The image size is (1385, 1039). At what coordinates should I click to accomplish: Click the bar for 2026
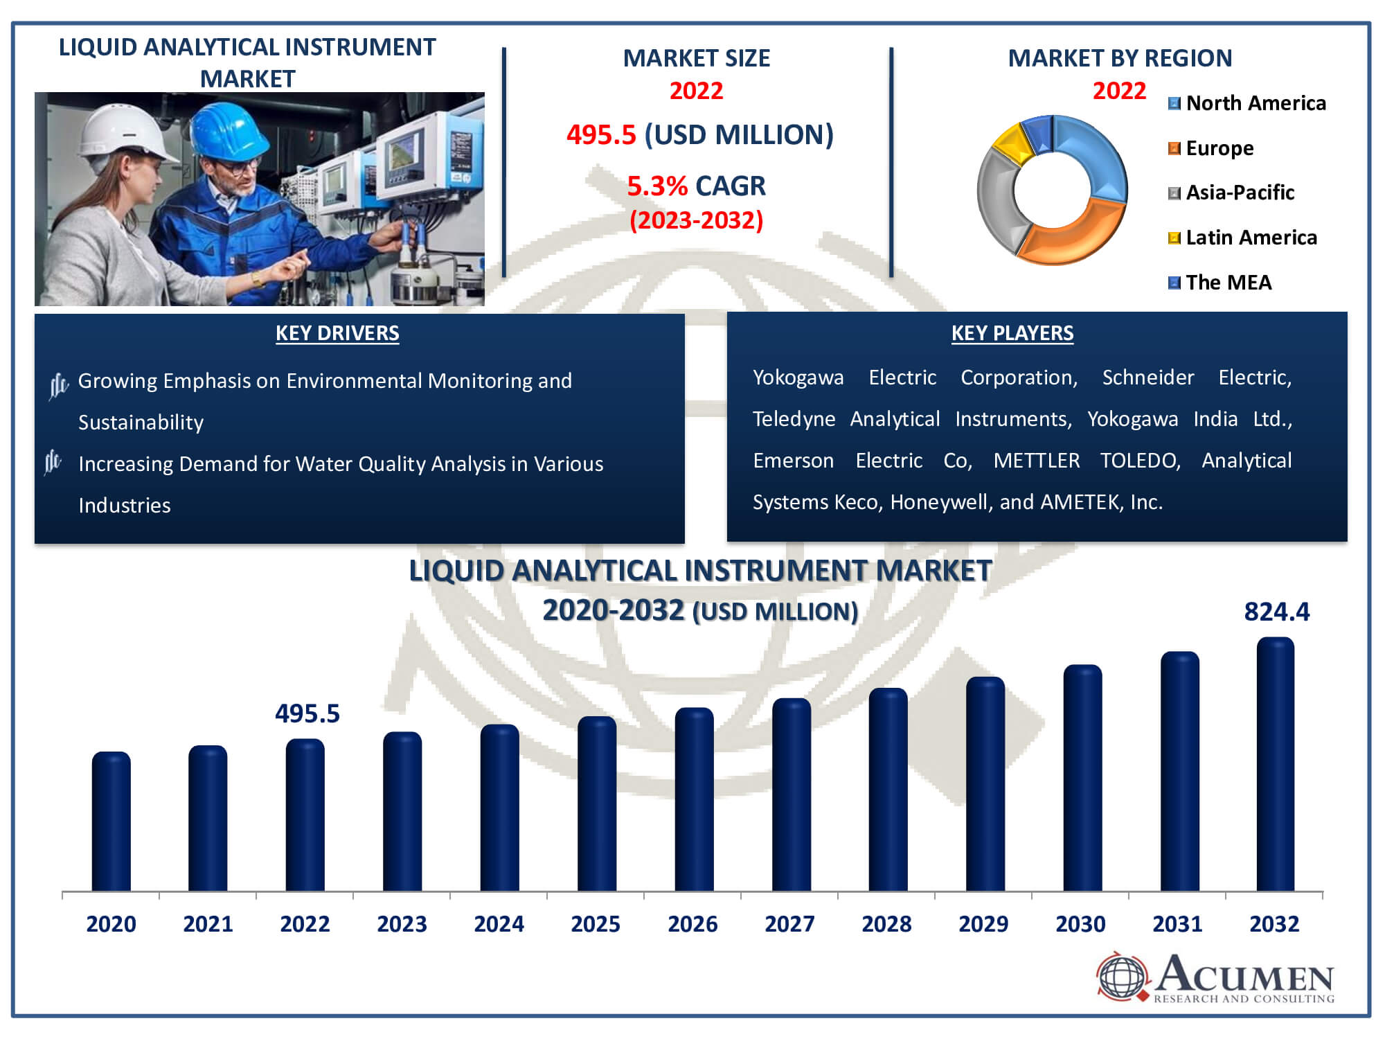point(694,799)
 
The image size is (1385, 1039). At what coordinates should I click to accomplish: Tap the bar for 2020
point(111,822)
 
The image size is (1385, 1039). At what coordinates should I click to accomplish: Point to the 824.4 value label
point(1276,612)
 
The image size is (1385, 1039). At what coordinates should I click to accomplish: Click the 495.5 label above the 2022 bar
point(307,713)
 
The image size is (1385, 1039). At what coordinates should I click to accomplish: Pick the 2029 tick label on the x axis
point(983,923)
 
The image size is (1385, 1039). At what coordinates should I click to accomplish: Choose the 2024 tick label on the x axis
point(499,923)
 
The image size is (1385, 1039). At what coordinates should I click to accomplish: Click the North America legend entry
point(1246,103)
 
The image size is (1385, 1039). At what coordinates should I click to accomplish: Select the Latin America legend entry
point(1242,238)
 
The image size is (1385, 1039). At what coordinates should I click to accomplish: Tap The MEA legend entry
point(1219,283)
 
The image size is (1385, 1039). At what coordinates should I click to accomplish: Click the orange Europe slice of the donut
point(1070,232)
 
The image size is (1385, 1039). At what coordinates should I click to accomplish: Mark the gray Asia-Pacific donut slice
point(997,201)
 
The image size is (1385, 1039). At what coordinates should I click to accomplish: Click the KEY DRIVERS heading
point(337,333)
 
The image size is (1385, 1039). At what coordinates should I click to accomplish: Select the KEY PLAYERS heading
point(1012,333)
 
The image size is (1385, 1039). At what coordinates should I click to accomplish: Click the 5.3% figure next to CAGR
point(657,186)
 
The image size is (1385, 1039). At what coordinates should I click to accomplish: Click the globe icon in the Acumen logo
point(1122,977)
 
